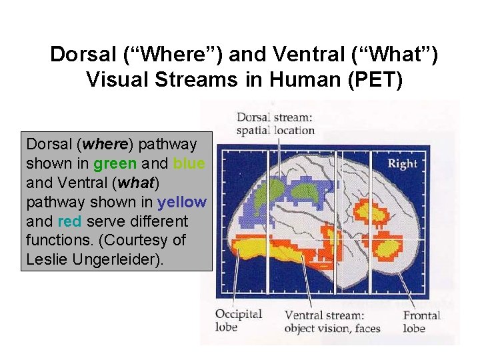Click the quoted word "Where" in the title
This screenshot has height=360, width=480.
pyautogui.click(x=152, y=54)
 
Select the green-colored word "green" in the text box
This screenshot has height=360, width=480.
pyautogui.click(x=116, y=163)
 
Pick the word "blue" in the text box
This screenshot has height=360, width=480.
pyautogui.click(x=189, y=163)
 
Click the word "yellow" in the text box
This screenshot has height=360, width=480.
pyautogui.click(x=182, y=202)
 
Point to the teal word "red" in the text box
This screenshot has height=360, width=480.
pyautogui.click(x=70, y=221)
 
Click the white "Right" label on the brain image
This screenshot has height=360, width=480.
pyautogui.click(x=402, y=163)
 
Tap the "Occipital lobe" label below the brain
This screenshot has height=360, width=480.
pyautogui.click(x=238, y=321)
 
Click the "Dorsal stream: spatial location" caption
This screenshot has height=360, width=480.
pyautogui.click(x=275, y=123)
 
